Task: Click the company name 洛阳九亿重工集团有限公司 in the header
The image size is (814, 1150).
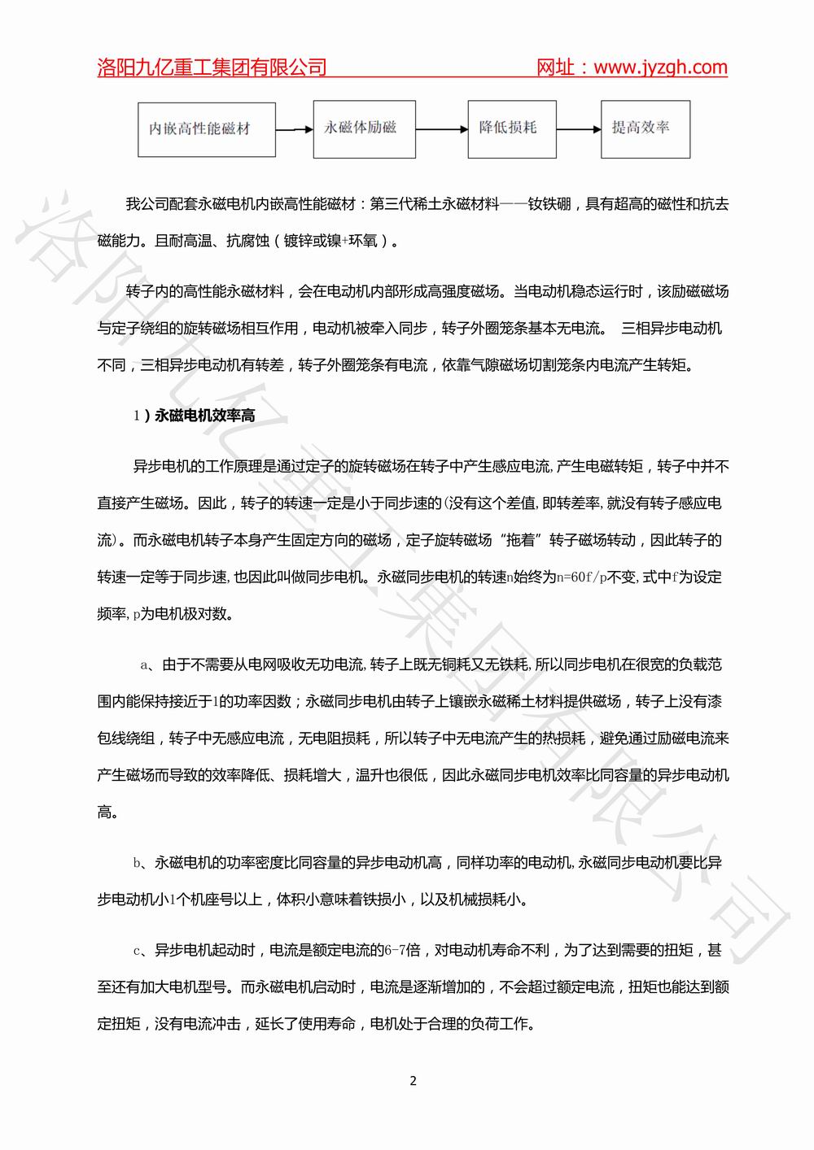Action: [x=212, y=68]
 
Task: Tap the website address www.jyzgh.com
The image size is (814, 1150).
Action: [x=660, y=68]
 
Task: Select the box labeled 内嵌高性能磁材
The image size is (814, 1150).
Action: [x=199, y=129]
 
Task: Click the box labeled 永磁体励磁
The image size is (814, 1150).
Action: [x=364, y=129]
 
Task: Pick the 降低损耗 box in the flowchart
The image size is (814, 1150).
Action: [x=512, y=129]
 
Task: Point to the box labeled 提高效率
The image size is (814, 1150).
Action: [x=646, y=129]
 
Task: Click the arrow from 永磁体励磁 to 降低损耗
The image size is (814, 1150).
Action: [x=441, y=129]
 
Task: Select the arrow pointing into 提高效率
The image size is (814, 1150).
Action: [x=579, y=129]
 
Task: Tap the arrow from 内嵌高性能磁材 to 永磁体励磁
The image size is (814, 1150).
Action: [x=294, y=129]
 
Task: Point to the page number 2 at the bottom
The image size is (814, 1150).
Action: [x=413, y=1081]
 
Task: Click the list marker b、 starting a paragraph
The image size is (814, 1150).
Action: [x=141, y=862]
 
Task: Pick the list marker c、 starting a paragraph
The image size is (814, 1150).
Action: [x=141, y=950]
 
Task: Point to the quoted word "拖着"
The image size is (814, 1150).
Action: [x=521, y=541]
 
